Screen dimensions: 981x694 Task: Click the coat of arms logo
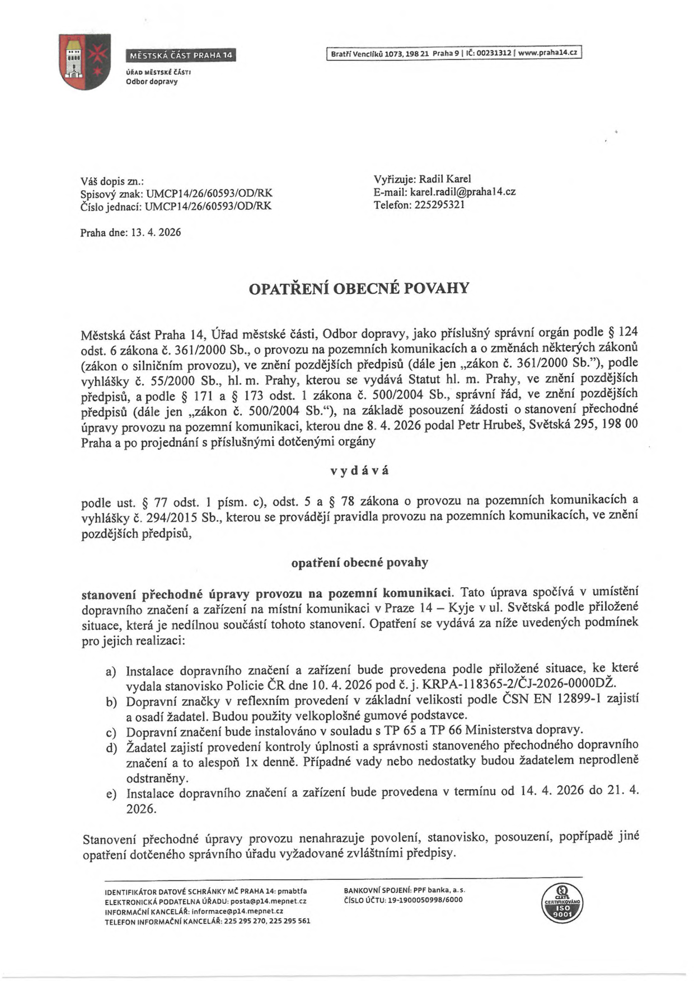click(85, 62)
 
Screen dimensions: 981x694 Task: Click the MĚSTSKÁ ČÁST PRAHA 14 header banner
click(180, 55)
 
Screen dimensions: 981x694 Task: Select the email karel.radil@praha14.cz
click(463, 192)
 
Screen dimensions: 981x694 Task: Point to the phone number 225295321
click(440, 205)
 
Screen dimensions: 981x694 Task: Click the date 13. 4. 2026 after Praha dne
click(156, 232)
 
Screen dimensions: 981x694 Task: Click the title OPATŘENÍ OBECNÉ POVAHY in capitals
click(359, 289)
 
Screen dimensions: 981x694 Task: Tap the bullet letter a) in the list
click(110, 671)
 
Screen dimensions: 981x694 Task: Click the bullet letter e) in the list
click(110, 794)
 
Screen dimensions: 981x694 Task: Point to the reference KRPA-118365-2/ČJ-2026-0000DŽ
click(519, 684)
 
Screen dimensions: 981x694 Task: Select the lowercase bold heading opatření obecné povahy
click(359, 563)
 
